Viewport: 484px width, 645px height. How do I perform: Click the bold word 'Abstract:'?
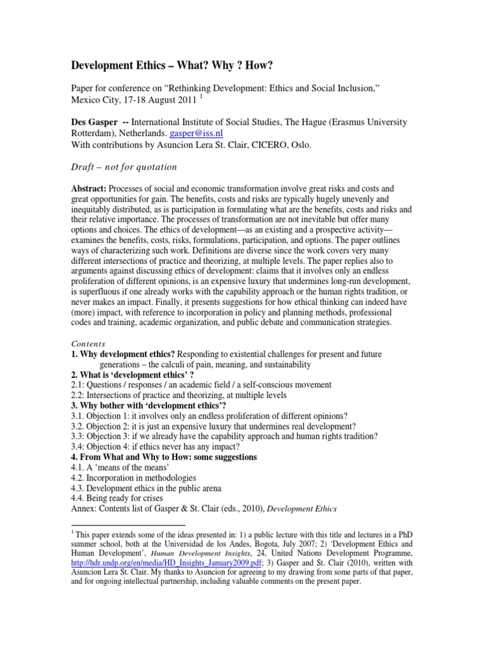88,188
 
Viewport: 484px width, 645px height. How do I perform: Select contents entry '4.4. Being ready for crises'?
119,497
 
